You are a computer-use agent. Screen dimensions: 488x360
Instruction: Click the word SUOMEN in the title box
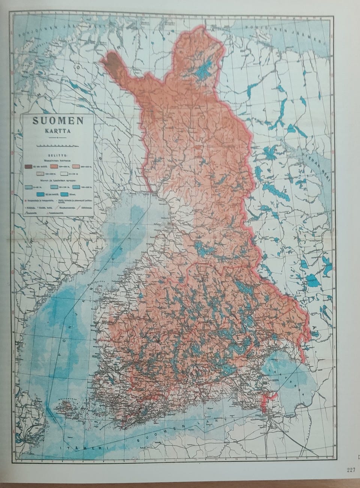point(57,121)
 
